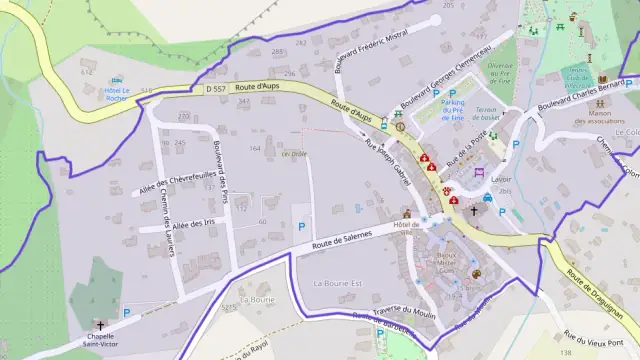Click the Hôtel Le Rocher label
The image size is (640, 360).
click(x=118, y=95)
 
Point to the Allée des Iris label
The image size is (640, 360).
click(x=195, y=225)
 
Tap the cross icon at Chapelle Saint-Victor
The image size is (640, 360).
click(x=101, y=325)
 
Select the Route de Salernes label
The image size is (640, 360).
click(x=341, y=239)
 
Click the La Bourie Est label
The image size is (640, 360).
click(x=338, y=284)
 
